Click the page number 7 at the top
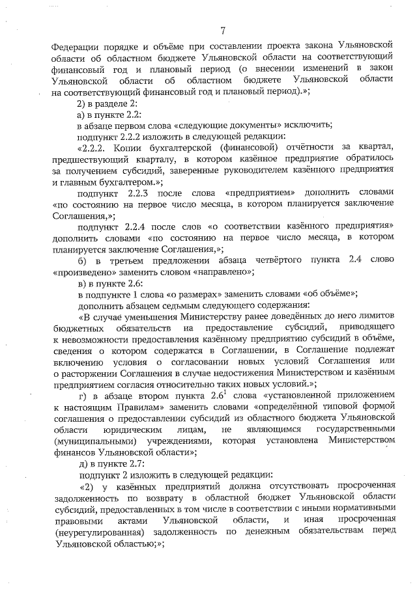tap(222, 29)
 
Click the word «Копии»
tap(136, 149)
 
